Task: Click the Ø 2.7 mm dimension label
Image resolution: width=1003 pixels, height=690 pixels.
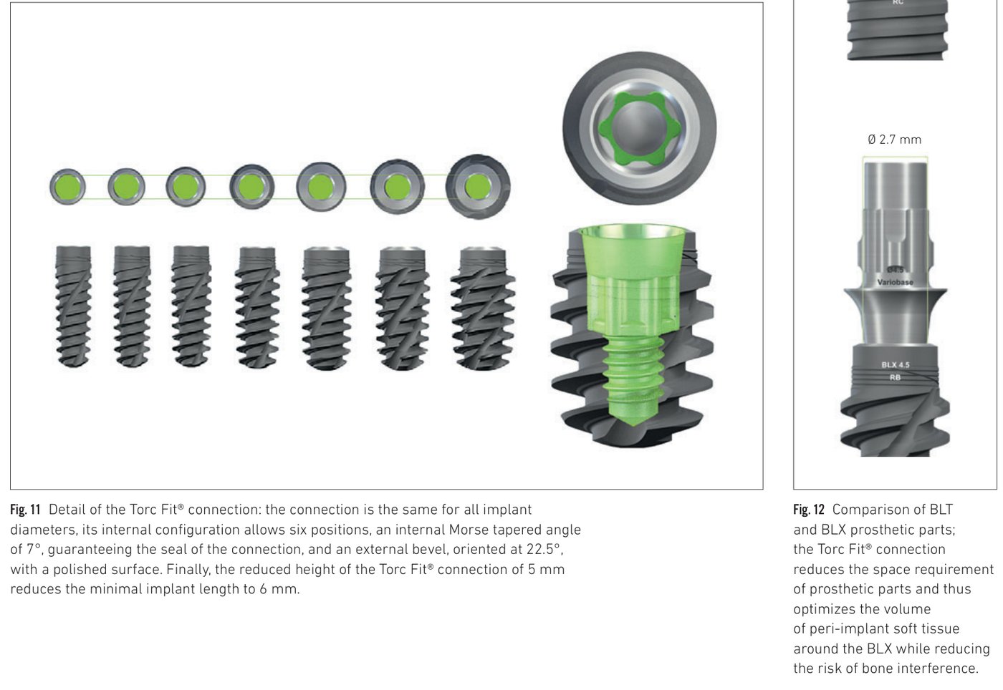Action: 894,140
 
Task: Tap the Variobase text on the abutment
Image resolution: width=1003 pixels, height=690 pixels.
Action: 895,282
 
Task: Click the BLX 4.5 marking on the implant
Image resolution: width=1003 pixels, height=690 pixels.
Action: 896,365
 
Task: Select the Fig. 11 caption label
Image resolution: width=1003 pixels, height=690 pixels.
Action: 25,509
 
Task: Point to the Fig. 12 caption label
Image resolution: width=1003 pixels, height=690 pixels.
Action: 809,509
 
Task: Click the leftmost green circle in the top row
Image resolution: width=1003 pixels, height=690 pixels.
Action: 67,187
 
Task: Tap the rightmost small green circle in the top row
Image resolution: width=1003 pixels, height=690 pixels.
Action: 477,187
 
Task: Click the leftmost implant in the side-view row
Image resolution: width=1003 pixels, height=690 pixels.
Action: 73,306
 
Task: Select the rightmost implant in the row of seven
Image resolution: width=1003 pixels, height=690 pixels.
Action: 483,308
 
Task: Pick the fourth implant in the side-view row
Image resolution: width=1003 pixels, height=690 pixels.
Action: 257,307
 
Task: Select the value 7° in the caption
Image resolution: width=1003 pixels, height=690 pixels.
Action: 34,549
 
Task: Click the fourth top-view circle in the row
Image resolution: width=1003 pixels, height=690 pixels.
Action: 251,187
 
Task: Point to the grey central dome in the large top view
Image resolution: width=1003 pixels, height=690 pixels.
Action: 640,129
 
